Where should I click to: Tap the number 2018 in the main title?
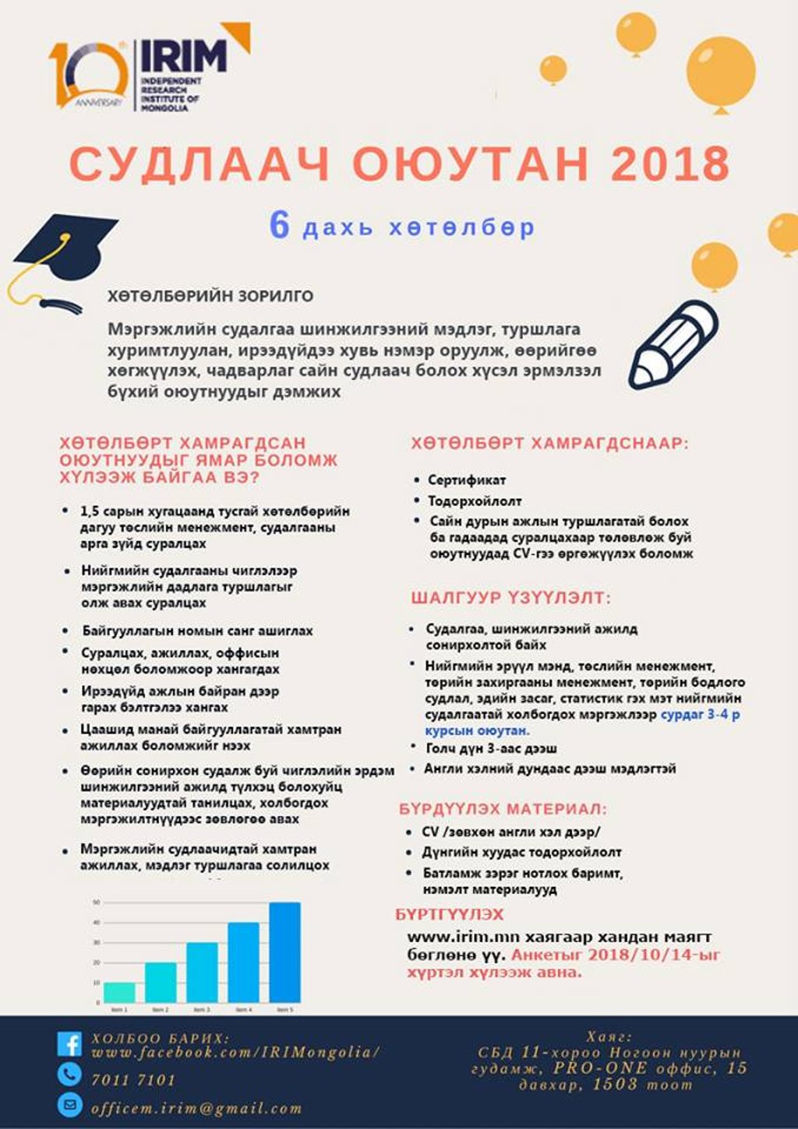(670, 164)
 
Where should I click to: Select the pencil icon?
(673, 344)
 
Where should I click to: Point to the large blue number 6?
(279, 226)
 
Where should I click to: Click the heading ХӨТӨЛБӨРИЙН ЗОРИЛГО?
(210, 296)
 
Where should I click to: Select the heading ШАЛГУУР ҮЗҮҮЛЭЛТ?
(511, 598)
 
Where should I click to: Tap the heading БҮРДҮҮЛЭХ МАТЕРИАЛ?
(503, 810)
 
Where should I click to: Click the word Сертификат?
(467, 480)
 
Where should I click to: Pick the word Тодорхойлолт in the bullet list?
(475, 501)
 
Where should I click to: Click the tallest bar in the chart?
(284, 951)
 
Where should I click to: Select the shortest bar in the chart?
(119, 992)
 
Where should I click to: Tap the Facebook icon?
(69, 1044)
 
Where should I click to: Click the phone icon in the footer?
(69, 1074)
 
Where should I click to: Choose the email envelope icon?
(69, 1104)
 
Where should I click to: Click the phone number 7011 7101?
(133, 1080)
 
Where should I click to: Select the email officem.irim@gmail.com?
(196, 1108)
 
